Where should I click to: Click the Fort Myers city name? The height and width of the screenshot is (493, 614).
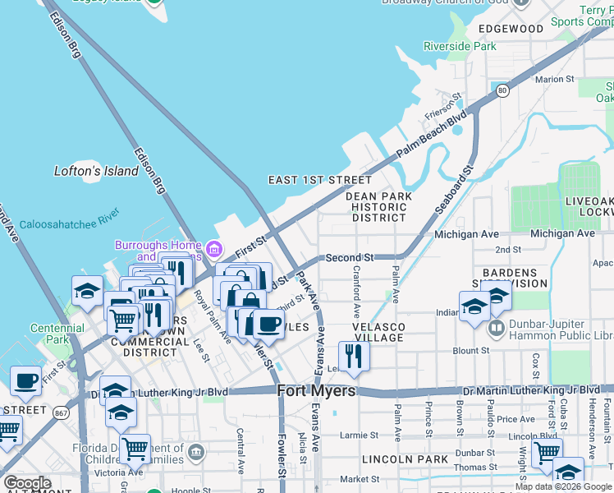(x=316, y=391)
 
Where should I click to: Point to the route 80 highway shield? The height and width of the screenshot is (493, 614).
(x=502, y=89)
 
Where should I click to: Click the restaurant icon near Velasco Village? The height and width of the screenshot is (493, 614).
(x=354, y=356)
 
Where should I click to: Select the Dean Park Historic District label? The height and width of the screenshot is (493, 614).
(x=378, y=207)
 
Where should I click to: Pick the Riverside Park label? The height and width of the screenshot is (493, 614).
(x=460, y=47)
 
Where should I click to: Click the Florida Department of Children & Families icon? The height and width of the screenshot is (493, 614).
(x=195, y=451)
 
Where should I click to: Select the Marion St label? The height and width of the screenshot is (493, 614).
(x=554, y=79)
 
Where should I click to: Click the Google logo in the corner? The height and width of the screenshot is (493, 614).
(x=27, y=483)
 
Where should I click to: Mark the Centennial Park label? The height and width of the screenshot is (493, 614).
(x=57, y=334)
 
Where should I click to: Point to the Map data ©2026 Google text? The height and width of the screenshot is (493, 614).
(x=563, y=486)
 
